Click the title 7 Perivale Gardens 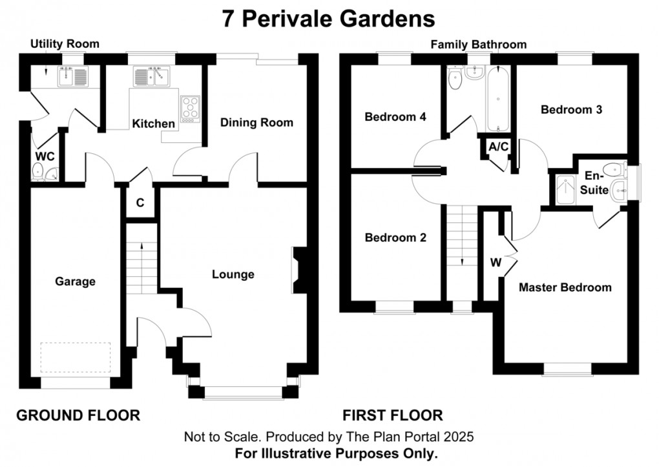[x=329, y=18]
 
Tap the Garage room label [x=75, y=281]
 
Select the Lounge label [x=233, y=274]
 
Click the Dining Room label [x=256, y=122]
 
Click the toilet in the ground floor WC [x=39, y=171]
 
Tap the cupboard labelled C [x=140, y=202]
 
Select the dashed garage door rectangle [x=75, y=358]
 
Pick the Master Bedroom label [x=565, y=287]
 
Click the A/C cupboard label [x=498, y=147]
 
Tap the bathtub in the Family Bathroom [x=499, y=100]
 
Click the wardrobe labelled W [x=496, y=263]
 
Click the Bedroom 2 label [x=395, y=237]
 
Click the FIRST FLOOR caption [x=392, y=415]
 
